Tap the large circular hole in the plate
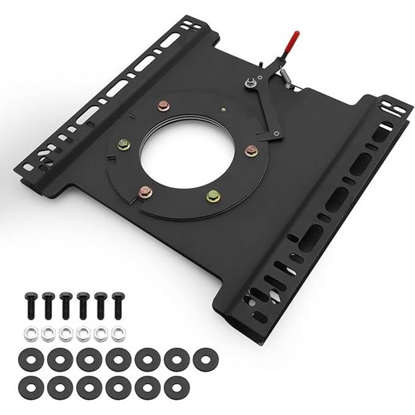tap(183, 146)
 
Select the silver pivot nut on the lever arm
tap(249, 84)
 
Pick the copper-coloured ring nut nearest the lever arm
tap(250, 151)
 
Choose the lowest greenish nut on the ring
tap(213, 195)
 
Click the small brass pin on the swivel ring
tap(225, 110)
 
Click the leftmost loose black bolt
tap(31, 304)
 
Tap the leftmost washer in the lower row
tap(32, 383)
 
